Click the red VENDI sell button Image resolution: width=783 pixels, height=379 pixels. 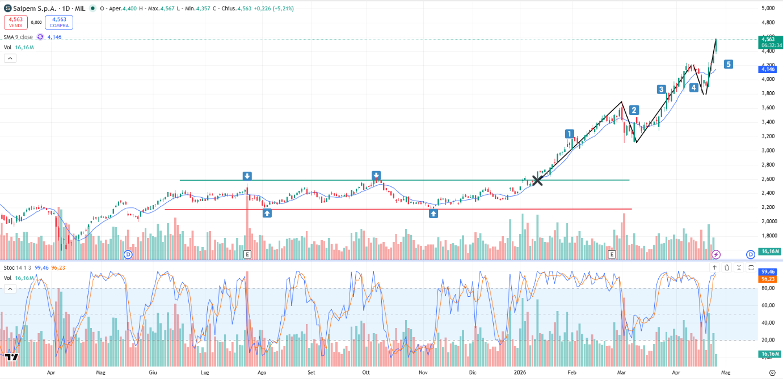pyautogui.click(x=15, y=22)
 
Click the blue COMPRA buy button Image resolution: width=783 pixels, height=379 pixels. pyautogui.click(x=59, y=22)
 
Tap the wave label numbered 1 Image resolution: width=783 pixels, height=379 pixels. pyautogui.click(x=570, y=134)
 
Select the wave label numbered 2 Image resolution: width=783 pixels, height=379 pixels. pyautogui.click(x=634, y=110)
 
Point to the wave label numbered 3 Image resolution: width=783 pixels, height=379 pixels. pyautogui.click(x=662, y=89)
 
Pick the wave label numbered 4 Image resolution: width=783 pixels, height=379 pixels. pyautogui.click(x=694, y=88)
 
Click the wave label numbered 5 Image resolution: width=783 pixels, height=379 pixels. pyautogui.click(x=728, y=64)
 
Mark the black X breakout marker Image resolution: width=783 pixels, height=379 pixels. pyautogui.click(x=537, y=181)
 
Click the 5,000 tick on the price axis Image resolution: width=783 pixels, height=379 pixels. pyautogui.click(x=768, y=8)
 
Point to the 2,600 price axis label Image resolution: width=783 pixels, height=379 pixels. pyautogui.click(x=768, y=179)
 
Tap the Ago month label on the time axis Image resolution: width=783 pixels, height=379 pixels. pyautogui.click(x=262, y=372)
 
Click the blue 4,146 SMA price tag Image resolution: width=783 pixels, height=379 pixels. pyautogui.click(x=768, y=69)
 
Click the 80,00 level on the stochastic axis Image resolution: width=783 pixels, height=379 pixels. pyautogui.click(x=768, y=288)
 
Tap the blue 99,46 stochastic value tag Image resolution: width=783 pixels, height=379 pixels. pyautogui.click(x=768, y=272)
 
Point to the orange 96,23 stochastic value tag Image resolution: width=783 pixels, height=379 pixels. pyautogui.click(x=768, y=279)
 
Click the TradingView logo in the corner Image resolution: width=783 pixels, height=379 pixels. pyautogui.click(x=11, y=357)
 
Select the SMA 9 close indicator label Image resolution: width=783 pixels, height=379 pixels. pyautogui.click(x=18, y=37)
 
